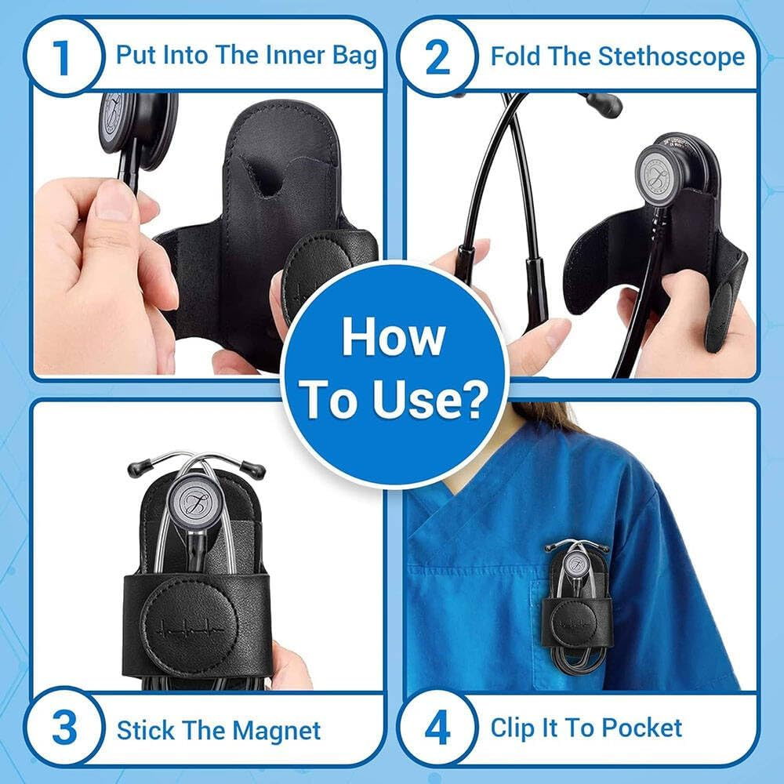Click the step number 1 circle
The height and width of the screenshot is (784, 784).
coord(64,57)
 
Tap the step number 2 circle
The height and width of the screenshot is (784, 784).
coord(437,57)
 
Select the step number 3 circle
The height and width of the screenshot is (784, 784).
coord(64,729)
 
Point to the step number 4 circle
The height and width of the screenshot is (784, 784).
coord(437,729)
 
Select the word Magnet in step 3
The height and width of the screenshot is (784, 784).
coord(281,731)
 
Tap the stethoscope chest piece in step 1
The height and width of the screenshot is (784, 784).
coord(125,125)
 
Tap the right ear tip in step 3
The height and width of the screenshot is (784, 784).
coord(256,470)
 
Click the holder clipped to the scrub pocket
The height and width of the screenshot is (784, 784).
coord(575,604)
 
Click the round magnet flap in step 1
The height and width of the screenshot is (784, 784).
coord(321,270)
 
